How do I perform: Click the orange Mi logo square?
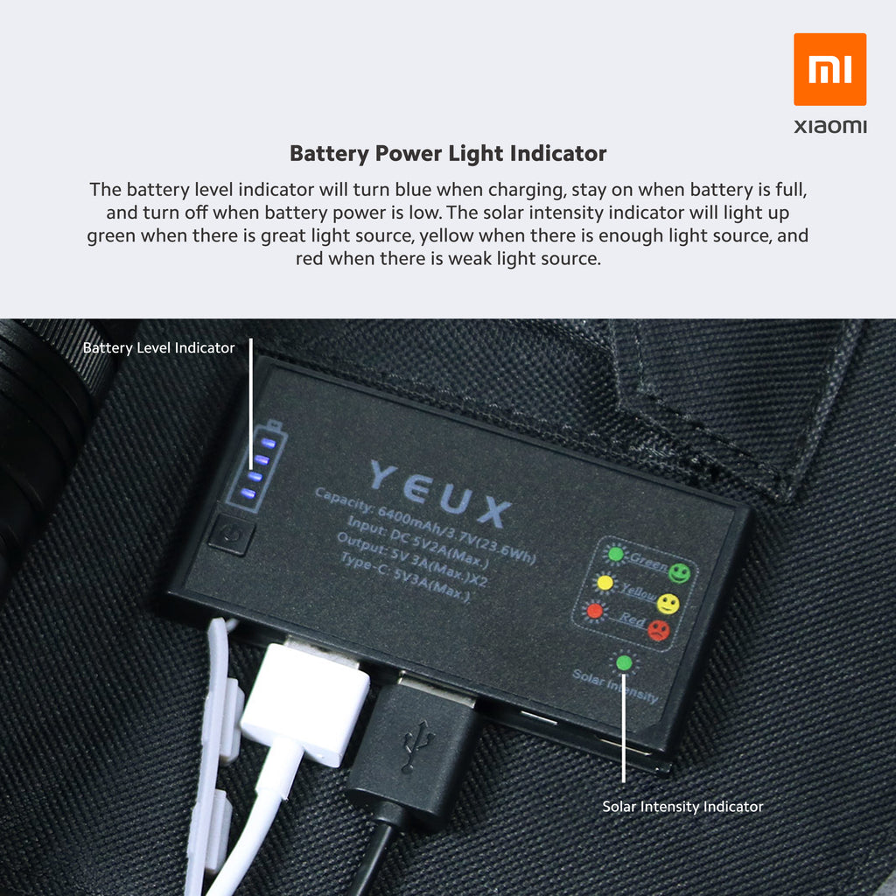(x=829, y=69)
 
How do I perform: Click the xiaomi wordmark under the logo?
(x=829, y=126)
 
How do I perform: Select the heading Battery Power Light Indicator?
(x=448, y=154)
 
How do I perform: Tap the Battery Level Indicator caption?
(x=159, y=347)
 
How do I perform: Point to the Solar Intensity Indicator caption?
(x=682, y=806)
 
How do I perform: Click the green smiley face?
(x=679, y=573)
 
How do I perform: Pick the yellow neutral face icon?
(x=668, y=604)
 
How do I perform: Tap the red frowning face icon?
(x=658, y=631)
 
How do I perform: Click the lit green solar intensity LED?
(x=624, y=663)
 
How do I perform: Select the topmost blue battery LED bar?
(x=268, y=443)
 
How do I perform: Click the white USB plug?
(x=305, y=702)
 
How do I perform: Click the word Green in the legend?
(x=648, y=562)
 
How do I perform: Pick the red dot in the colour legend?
(x=595, y=611)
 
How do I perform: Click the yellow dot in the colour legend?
(x=605, y=583)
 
